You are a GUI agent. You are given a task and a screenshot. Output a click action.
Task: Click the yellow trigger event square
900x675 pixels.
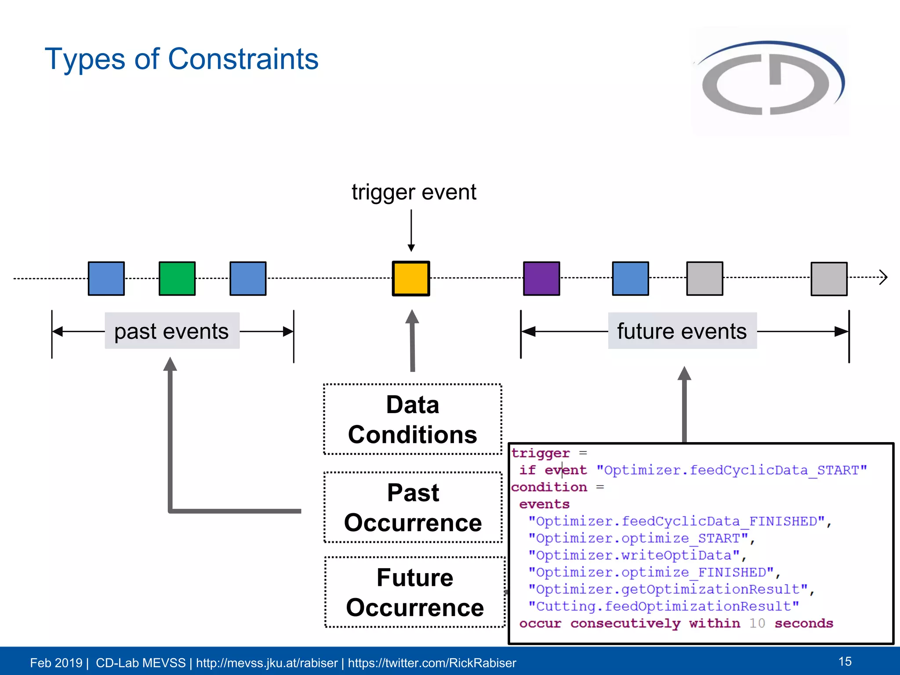click(x=411, y=279)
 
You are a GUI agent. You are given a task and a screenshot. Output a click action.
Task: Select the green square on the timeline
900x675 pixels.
click(x=177, y=279)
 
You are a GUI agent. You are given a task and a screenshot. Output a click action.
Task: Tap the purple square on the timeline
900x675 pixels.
click(x=541, y=279)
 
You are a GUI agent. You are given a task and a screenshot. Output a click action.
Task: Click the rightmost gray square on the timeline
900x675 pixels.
click(x=829, y=279)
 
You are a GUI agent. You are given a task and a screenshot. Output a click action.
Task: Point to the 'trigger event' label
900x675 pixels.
click(x=414, y=192)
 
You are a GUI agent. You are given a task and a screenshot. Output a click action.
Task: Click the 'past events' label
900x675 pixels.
click(x=172, y=331)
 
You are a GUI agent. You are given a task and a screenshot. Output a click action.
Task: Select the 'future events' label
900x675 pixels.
click(x=682, y=331)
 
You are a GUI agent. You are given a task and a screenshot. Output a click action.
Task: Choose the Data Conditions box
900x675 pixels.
click(x=413, y=419)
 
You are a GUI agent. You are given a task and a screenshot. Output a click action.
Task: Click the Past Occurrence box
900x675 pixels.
click(x=413, y=507)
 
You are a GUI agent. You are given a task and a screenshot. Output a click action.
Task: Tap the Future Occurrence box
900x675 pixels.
click(x=415, y=592)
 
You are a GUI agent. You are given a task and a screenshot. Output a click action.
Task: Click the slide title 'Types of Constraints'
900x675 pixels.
click(x=181, y=59)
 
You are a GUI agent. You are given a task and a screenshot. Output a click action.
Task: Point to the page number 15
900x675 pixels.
click(x=845, y=661)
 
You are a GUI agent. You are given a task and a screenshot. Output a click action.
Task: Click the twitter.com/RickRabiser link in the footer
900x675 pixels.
click(x=432, y=663)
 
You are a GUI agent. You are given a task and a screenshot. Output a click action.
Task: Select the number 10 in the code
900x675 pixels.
click(x=757, y=623)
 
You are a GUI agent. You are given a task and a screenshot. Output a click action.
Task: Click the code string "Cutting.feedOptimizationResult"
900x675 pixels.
click(x=664, y=606)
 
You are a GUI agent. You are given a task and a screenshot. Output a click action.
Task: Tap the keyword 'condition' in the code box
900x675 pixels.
click(x=549, y=487)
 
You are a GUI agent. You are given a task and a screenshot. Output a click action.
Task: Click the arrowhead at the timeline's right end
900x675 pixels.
click(x=883, y=277)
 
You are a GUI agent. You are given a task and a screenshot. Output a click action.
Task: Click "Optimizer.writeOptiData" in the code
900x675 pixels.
click(x=634, y=555)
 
